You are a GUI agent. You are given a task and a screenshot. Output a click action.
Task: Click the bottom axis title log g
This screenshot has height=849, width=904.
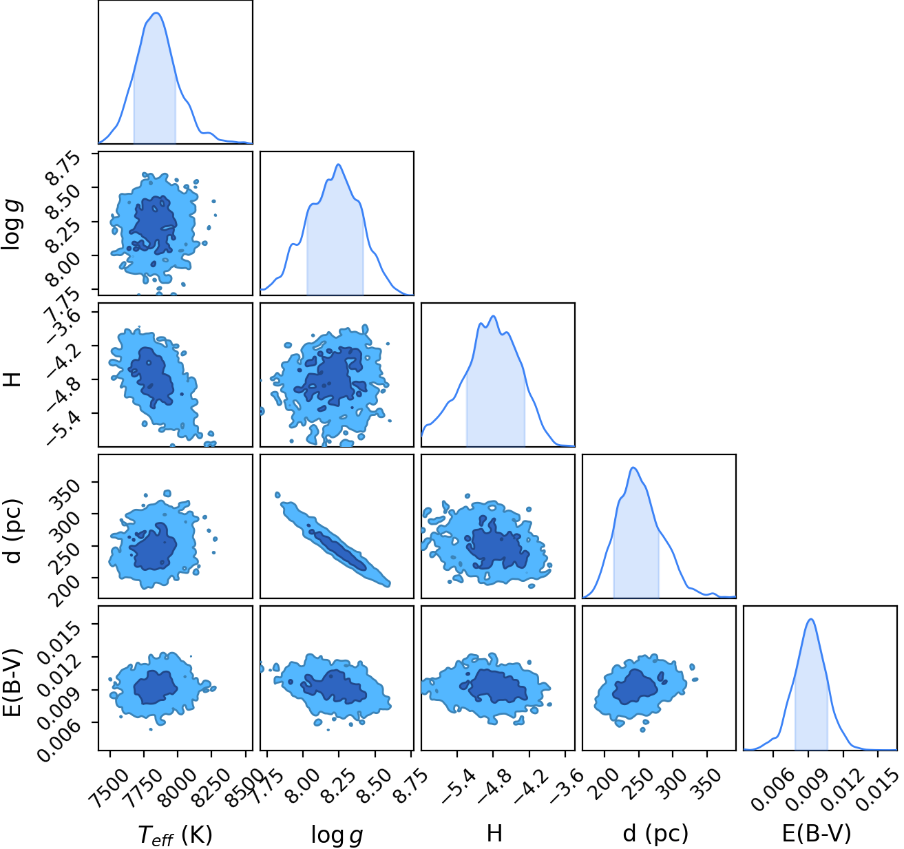(x=337, y=835)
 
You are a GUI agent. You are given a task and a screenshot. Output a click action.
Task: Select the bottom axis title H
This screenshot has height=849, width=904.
(x=494, y=834)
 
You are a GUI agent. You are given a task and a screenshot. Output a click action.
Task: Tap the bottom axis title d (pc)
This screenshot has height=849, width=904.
(x=655, y=834)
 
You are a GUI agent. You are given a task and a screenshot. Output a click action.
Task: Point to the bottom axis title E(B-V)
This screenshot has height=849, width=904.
(x=817, y=834)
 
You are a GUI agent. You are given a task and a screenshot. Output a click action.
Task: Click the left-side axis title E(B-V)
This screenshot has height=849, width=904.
(x=14, y=681)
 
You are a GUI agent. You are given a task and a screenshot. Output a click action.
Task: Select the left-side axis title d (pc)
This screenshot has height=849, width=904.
(x=14, y=531)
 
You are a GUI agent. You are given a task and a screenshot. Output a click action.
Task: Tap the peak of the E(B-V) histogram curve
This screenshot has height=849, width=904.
(x=811, y=618)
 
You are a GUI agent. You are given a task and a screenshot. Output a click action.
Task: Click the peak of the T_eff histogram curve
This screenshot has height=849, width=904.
(x=156, y=13)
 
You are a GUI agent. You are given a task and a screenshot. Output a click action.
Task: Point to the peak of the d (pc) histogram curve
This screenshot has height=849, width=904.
(x=633, y=468)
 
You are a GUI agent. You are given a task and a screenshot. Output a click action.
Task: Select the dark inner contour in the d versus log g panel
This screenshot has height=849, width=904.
(x=337, y=549)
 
